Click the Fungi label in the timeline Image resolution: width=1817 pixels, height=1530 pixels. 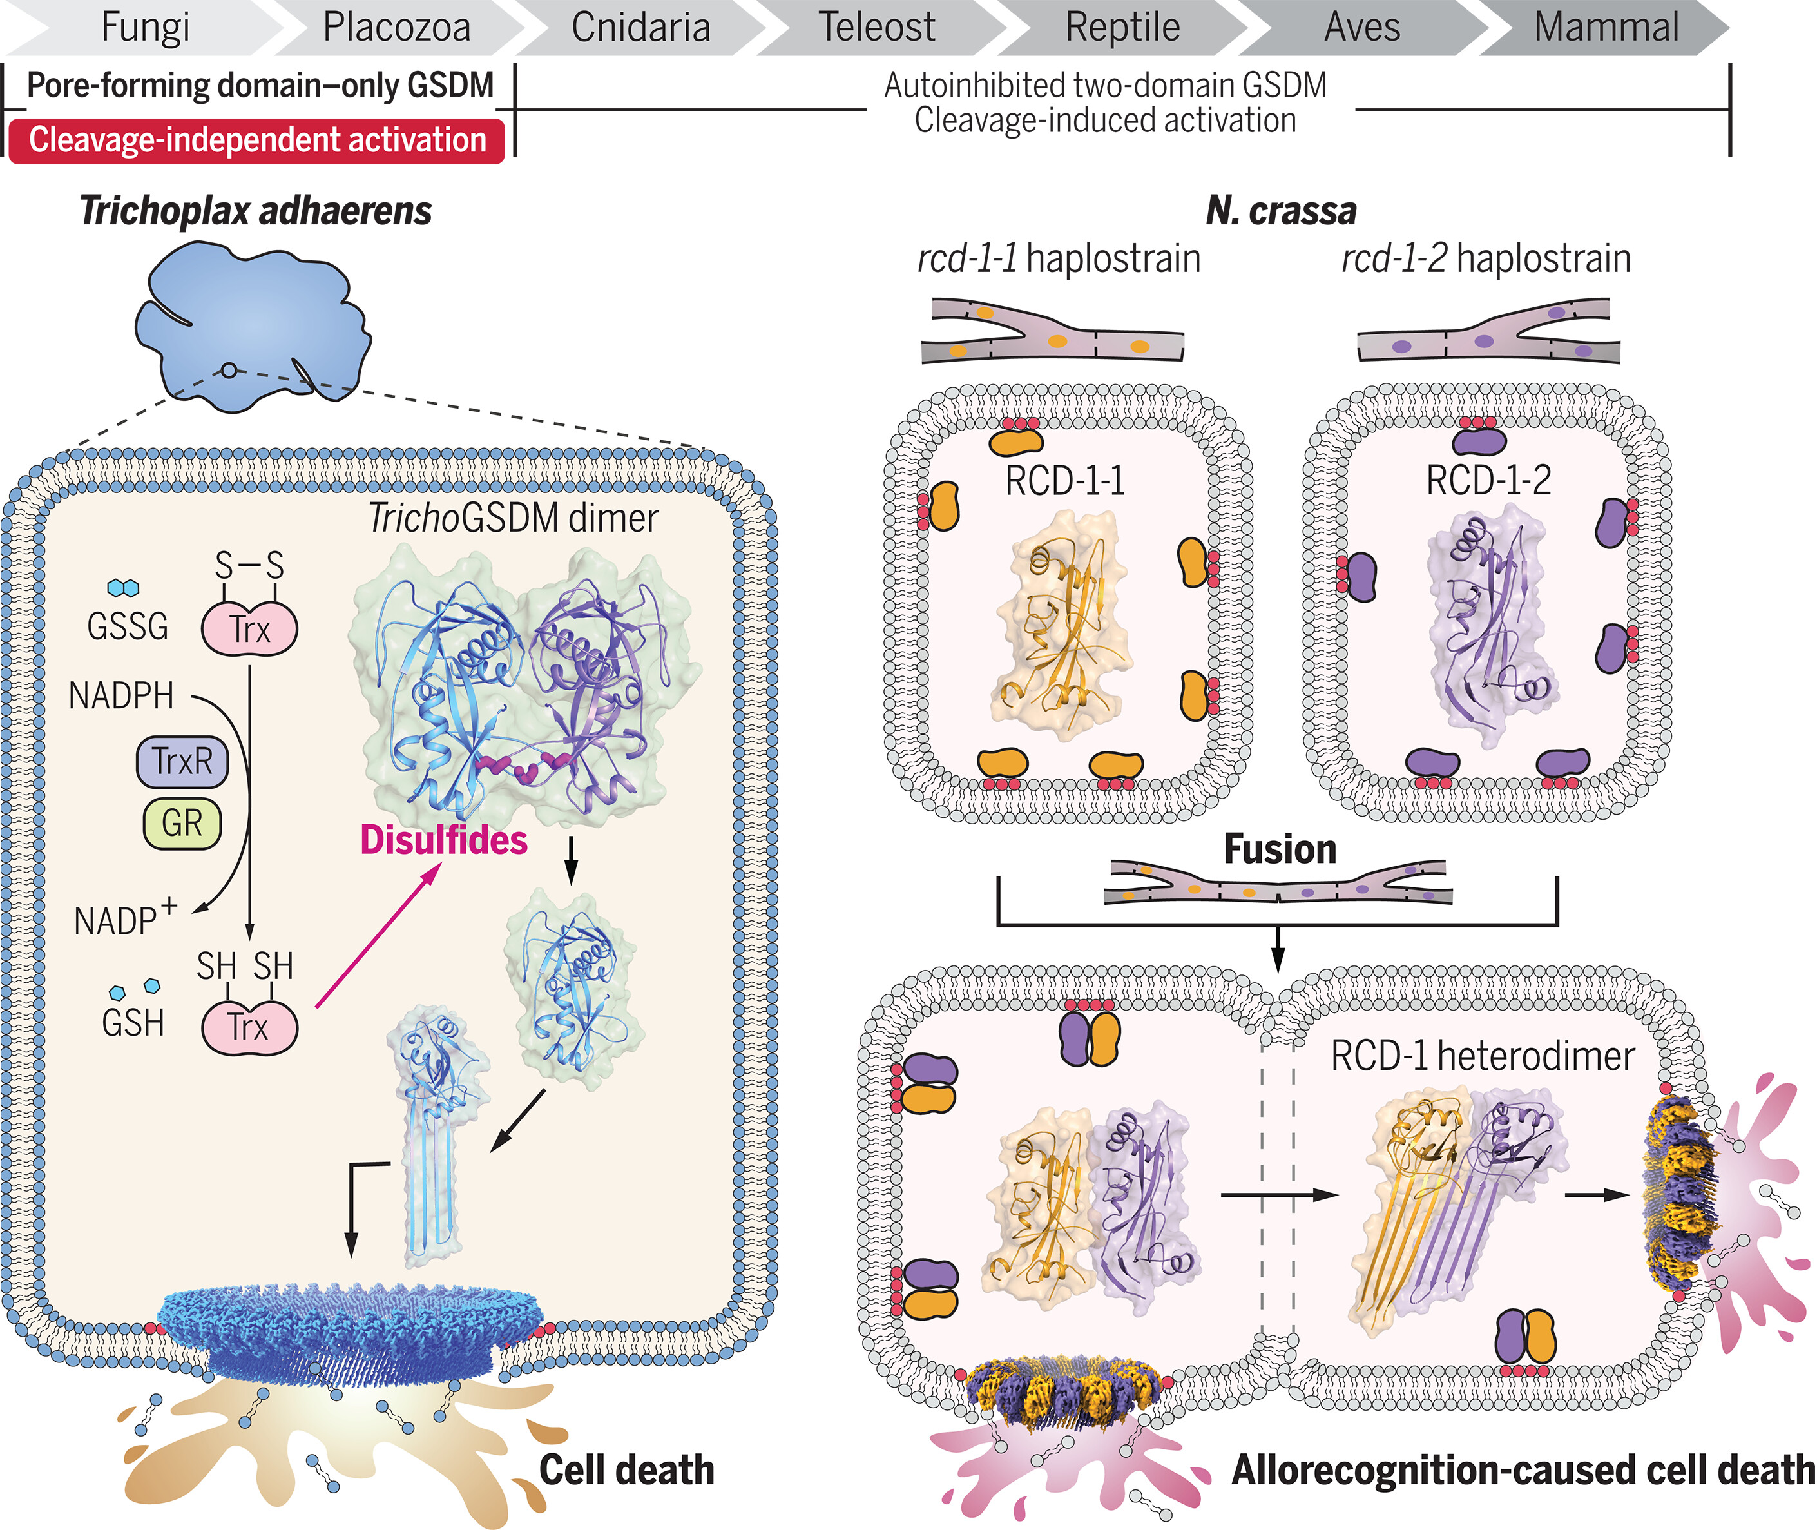145,27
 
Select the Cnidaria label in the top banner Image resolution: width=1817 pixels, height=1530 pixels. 641,27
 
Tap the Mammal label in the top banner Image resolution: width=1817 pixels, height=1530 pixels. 1606,27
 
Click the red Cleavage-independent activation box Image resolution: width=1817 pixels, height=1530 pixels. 256,140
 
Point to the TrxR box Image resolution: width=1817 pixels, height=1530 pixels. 182,762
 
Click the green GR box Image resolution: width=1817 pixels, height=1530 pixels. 182,822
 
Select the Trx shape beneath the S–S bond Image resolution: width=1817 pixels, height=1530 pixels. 250,628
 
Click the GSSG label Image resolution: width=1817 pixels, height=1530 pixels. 128,625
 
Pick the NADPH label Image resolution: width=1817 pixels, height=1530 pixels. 121,695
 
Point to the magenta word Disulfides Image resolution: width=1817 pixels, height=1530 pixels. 443,840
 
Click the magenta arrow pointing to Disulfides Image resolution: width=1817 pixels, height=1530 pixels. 378,936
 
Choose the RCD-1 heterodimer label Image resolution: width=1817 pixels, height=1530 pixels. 1482,1056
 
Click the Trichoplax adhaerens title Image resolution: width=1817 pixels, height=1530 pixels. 255,211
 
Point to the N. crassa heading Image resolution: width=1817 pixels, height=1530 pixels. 1281,211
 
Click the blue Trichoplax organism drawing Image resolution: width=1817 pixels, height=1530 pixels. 251,325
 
